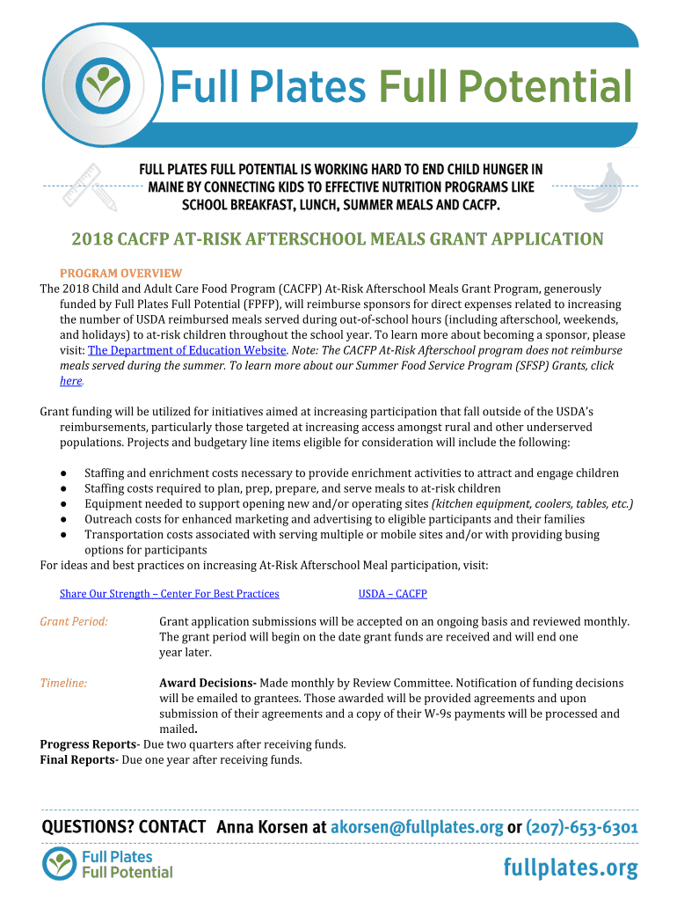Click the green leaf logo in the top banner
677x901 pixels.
[x=104, y=85]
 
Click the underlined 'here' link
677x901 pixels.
[x=70, y=381]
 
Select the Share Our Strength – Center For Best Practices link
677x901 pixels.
[x=169, y=594]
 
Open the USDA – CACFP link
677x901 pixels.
[x=392, y=594]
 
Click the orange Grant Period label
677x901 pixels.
[x=74, y=621]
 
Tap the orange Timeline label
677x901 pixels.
[x=63, y=683]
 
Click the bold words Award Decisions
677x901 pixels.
[x=207, y=683]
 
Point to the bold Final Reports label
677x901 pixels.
[x=78, y=760]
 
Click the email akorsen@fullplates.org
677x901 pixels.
[x=416, y=827]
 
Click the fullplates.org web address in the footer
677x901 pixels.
[x=570, y=868]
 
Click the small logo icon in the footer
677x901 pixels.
[x=60, y=864]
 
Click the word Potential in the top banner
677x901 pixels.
[x=506, y=87]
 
